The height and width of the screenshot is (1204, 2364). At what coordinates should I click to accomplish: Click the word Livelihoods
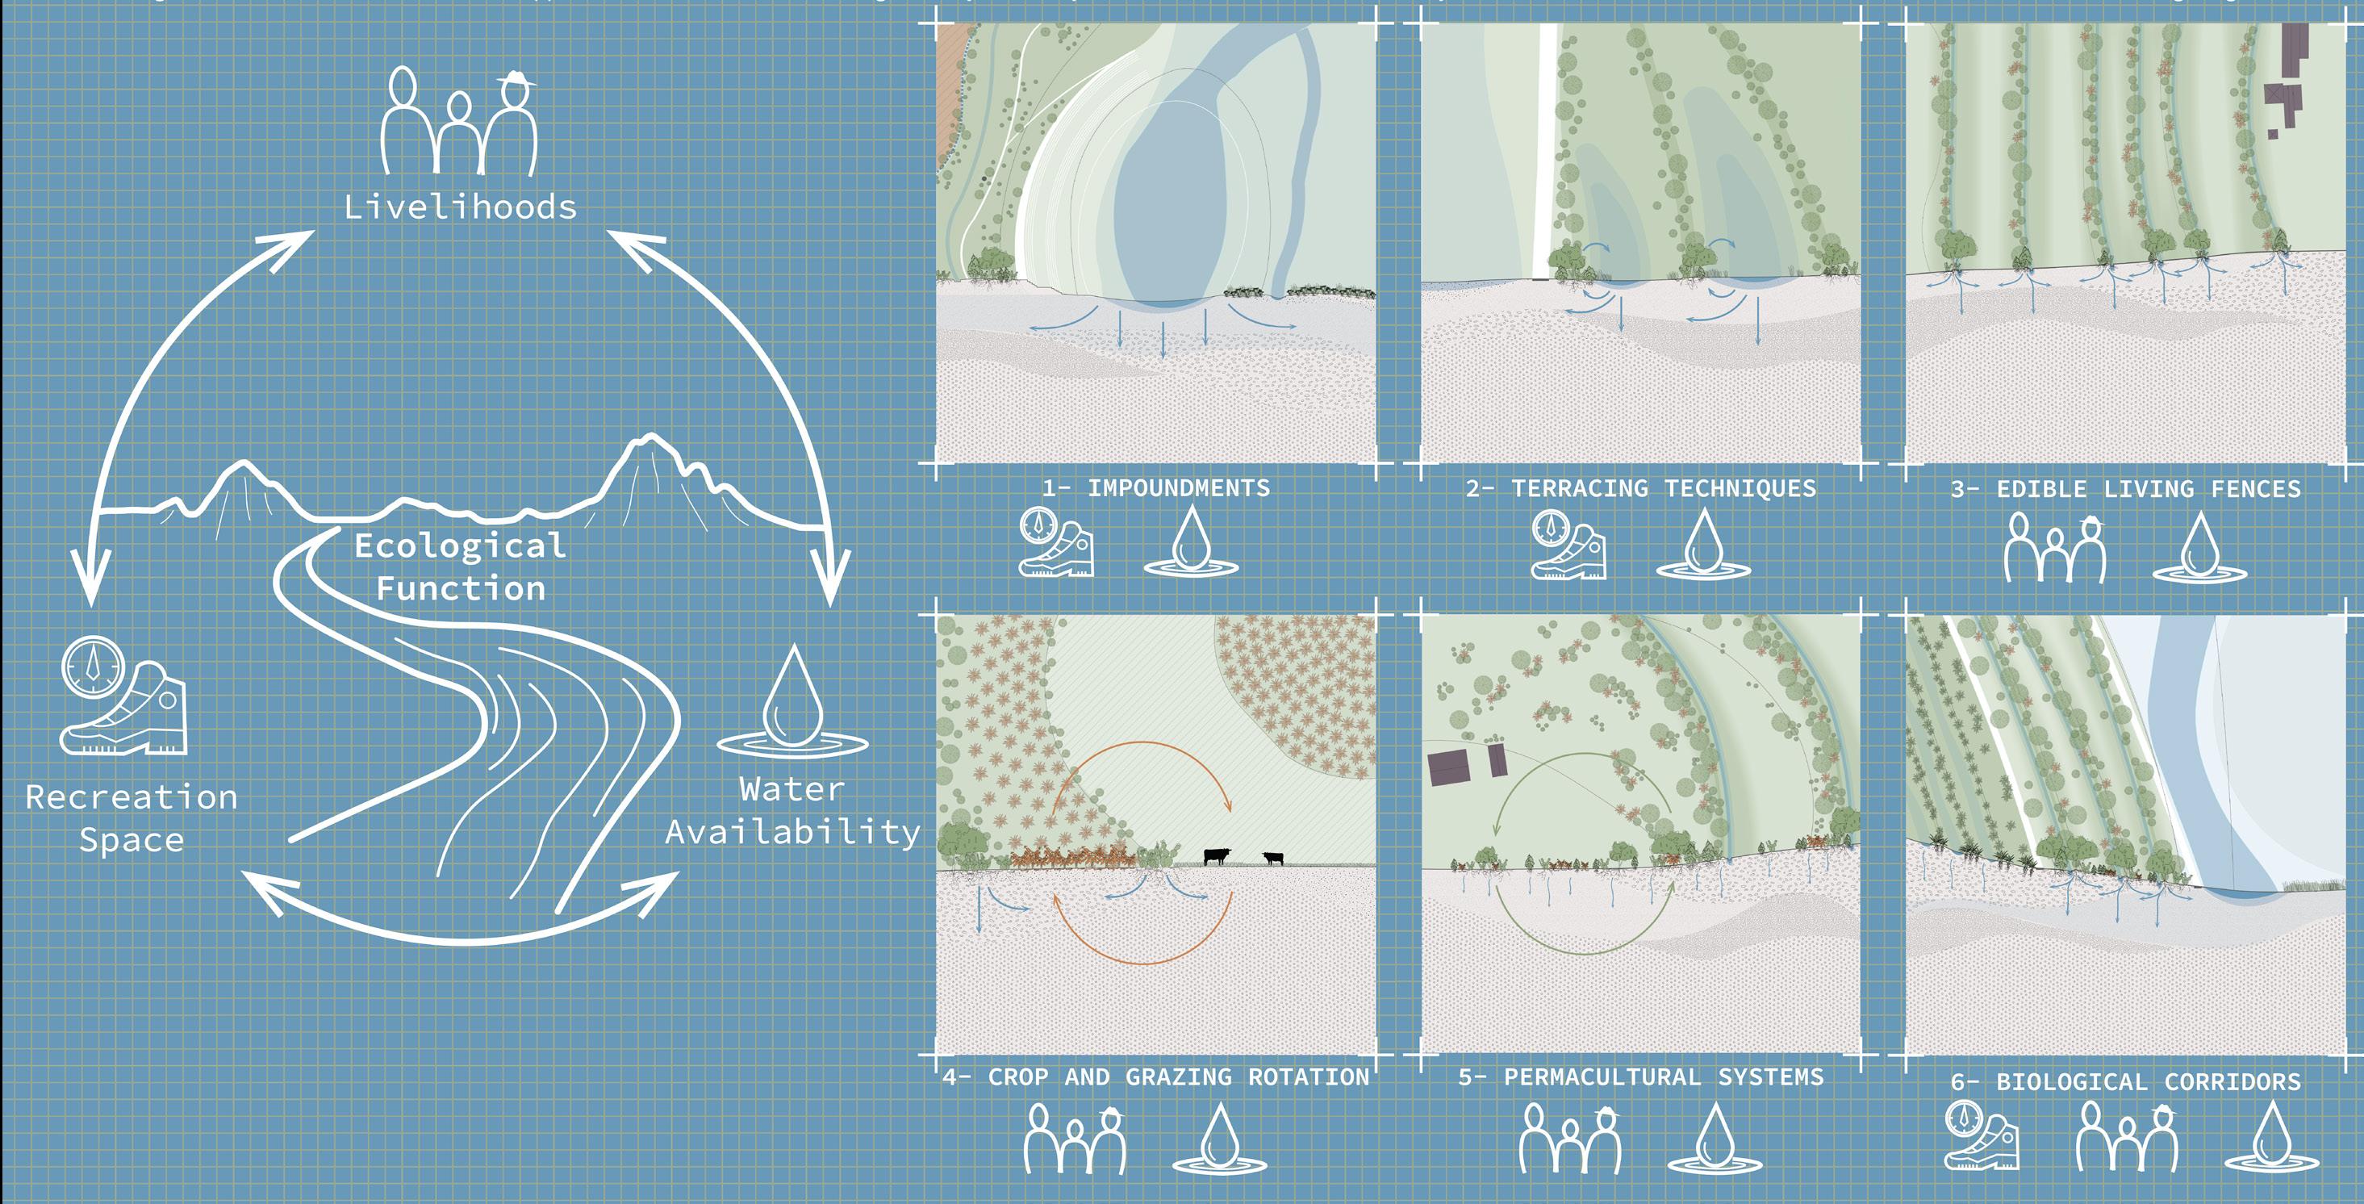tap(461, 207)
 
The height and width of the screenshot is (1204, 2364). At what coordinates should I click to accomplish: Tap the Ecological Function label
tap(461, 567)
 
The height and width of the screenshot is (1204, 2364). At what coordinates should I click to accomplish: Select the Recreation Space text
tap(132, 817)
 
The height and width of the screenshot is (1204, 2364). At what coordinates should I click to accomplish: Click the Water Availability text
tap(792, 811)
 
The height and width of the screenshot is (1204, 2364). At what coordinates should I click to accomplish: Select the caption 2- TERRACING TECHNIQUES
tap(1641, 488)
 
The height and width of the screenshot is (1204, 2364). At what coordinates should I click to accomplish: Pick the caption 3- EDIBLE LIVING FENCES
tap(2125, 489)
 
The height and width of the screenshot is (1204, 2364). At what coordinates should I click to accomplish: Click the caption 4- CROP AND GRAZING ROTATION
tap(1155, 1076)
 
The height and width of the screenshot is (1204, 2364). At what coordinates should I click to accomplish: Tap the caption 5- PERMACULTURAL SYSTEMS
tap(1641, 1076)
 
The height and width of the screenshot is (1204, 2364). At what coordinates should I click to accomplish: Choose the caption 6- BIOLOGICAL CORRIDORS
tap(2125, 1082)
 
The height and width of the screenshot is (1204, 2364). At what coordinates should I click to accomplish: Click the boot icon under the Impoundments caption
tap(1056, 544)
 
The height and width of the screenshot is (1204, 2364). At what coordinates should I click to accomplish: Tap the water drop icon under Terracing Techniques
tap(1703, 545)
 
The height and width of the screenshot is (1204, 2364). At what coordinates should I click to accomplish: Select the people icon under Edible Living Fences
tap(2055, 548)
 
